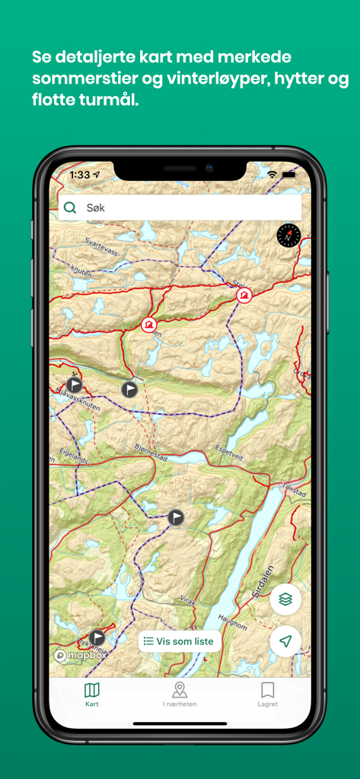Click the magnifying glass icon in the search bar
click(x=70, y=208)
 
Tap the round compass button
click(x=288, y=236)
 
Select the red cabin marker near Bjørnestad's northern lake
click(x=149, y=325)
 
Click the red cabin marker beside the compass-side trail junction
click(x=244, y=294)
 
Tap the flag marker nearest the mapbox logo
click(x=97, y=638)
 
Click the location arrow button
click(x=285, y=641)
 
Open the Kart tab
click(x=91, y=694)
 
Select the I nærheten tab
click(x=180, y=694)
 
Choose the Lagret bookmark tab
click(x=267, y=694)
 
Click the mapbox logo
click(x=81, y=655)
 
